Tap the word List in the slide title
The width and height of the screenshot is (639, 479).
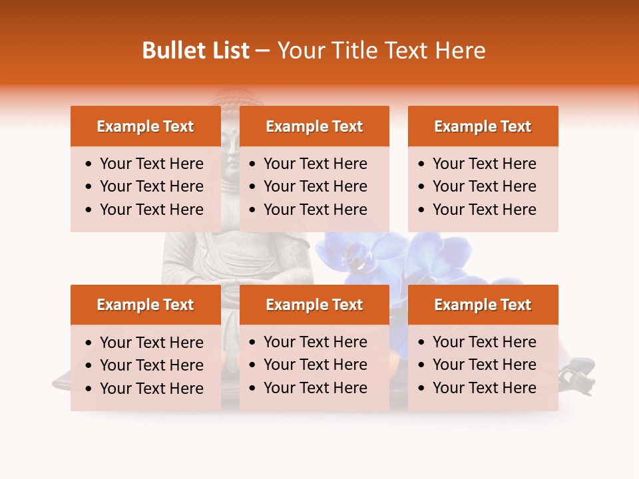(228, 51)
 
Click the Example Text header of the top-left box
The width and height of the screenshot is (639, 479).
(145, 126)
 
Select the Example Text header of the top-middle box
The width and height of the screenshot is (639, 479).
(314, 126)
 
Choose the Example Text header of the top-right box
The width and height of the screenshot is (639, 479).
(483, 126)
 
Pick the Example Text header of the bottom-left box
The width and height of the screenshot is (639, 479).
(145, 305)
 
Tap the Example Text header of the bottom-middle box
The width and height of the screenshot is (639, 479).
(314, 305)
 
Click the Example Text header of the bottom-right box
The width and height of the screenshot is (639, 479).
(483, 305)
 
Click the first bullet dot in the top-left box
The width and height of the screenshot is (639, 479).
(89, 164)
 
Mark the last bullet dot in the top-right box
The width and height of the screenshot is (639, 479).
(422, 210)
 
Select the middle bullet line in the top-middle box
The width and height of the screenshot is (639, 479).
(315, 186)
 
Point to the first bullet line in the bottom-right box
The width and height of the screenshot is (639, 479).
(484, 342)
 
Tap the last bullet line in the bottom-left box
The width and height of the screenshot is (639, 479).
(151, 388)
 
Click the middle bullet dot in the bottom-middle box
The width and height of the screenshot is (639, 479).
(253, 365)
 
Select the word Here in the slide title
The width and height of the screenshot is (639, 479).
(460, 51)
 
